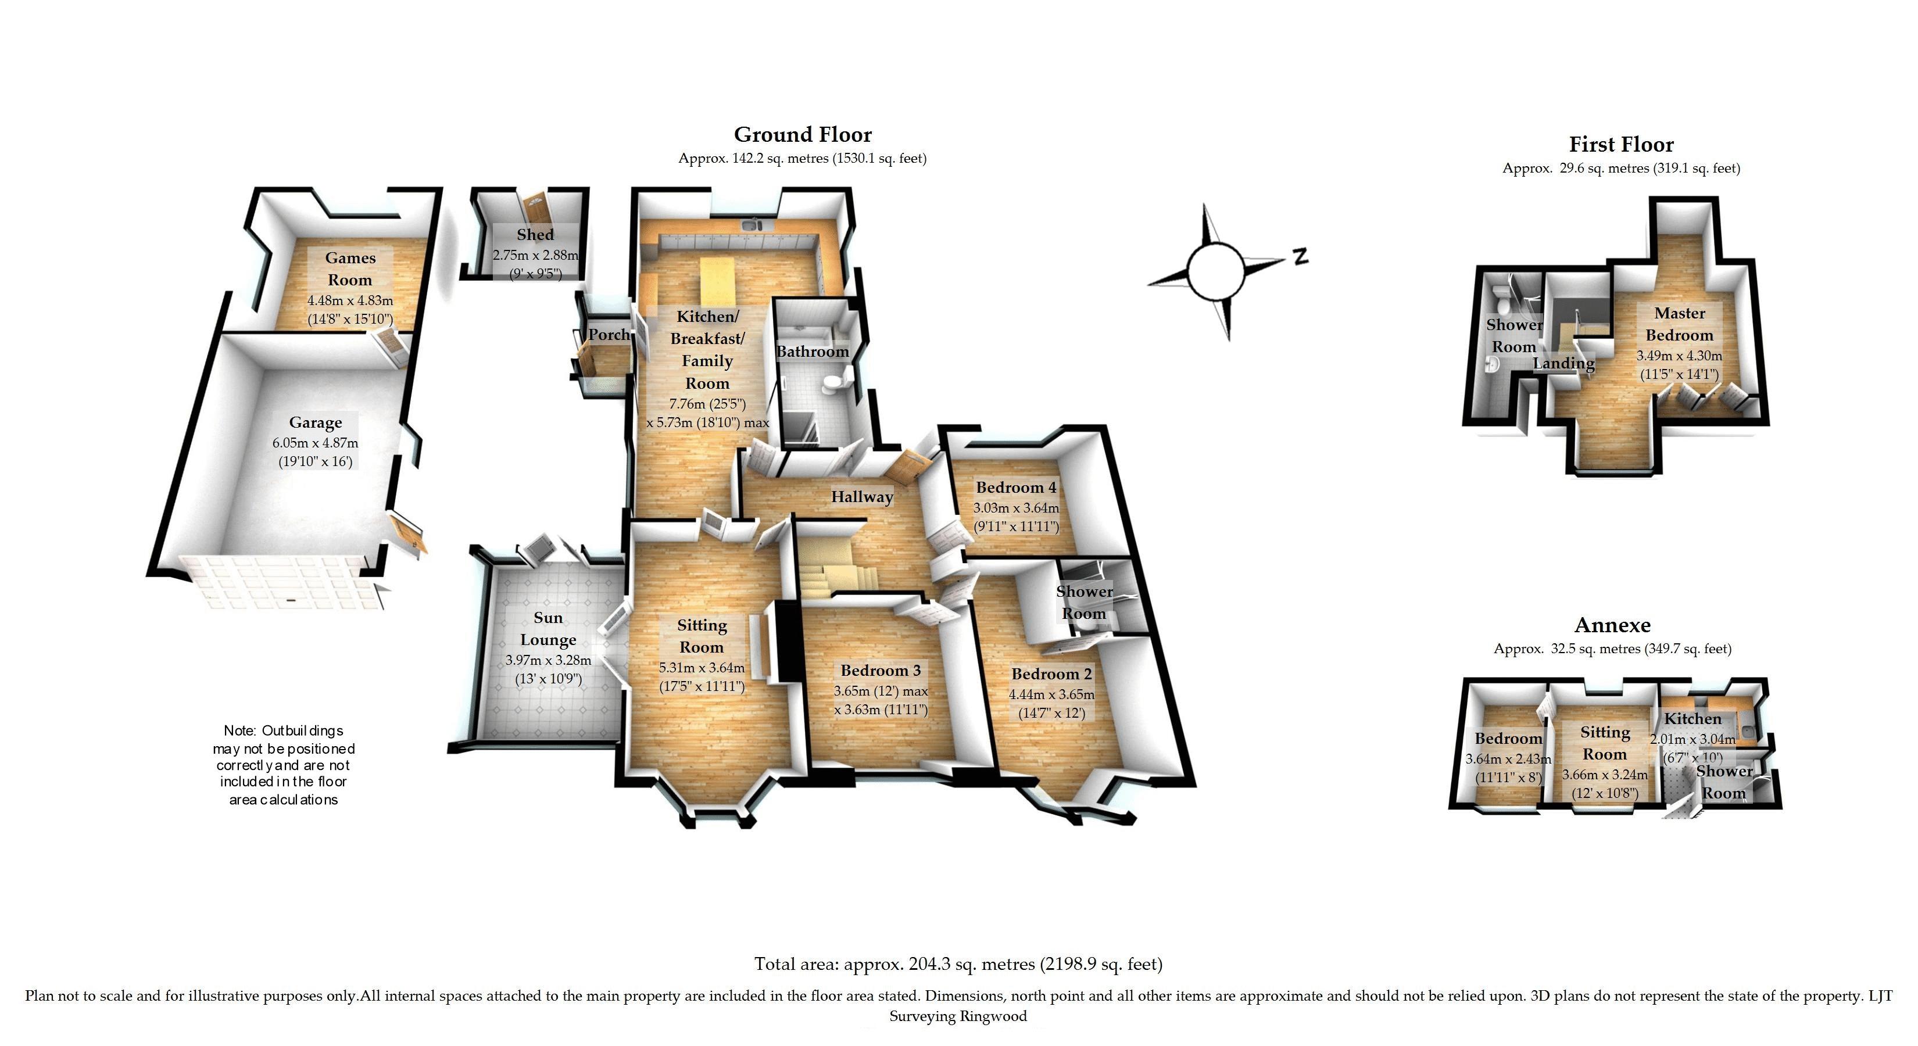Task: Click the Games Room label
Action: click(x=350, y=268)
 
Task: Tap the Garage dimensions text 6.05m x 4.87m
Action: click(x=315, y=443)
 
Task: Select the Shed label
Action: click(x=535, y=235)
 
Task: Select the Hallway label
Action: click(x=861, y=497)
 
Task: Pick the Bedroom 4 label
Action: click(x=1015, y=488)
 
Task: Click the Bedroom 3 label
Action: click(x=880, y=670)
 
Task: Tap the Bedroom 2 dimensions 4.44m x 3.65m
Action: click(x=1051, y=694)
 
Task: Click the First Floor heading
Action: click(x=1621, y=145)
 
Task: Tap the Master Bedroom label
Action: click(x=1679, y=324)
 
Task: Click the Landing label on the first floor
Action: click(x=1563, y=363)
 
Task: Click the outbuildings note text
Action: click(x=284, y=765)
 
